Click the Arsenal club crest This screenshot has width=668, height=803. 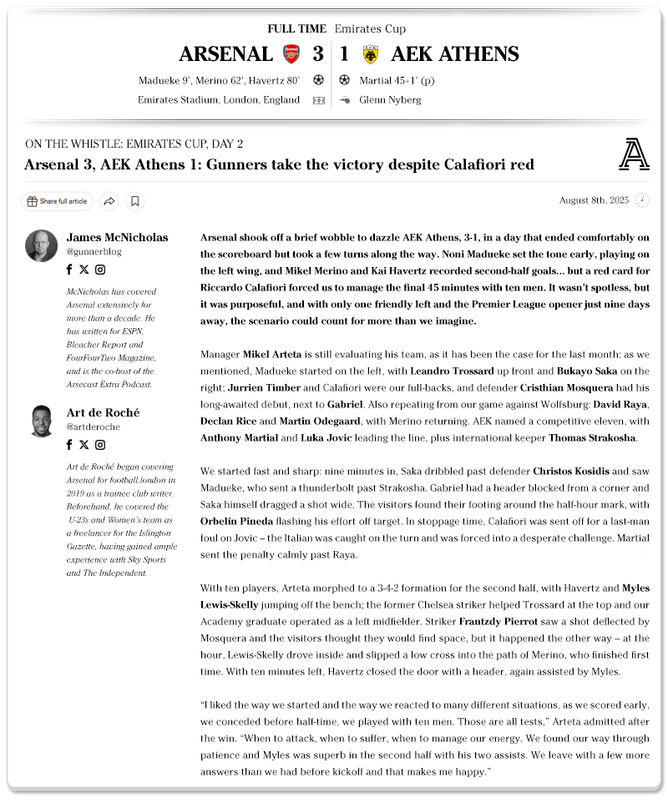[x=291, y=54]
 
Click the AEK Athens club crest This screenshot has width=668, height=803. [x=371, y=54]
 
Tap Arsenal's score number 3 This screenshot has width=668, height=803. [x=318, y=54]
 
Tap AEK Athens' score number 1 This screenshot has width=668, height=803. [x=344, y=54]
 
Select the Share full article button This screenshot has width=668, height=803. [x=57, y=201]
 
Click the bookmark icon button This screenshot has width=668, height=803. [x=135, y=201]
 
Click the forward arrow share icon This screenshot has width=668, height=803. [x=109, y=201]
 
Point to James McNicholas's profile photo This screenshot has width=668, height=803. [x=41, y=245]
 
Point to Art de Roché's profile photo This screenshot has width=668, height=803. [x=41, y=421]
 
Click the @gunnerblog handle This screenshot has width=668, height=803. [x=94, y=251]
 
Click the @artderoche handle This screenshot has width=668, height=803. [x=94, y=427]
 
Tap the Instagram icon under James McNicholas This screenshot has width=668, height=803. [x=100, y=270]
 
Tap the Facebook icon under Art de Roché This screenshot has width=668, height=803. [x=69, y=445]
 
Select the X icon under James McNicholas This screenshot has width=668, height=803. [x=83, y=270]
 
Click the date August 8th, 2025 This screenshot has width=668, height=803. [x=594, y=200]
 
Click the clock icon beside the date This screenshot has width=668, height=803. [x=641, y=200]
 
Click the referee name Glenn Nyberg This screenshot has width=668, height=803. [x=390, y=100]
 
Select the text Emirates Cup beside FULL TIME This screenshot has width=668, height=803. [x=370, y=29]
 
